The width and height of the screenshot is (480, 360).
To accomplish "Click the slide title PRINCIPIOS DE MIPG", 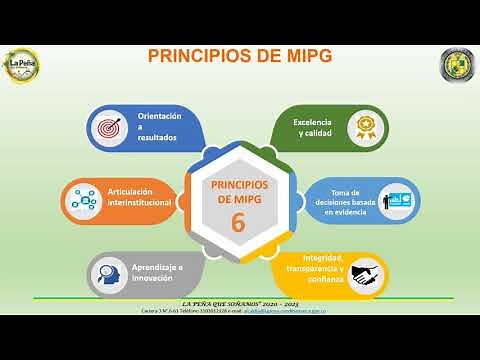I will point(240,55).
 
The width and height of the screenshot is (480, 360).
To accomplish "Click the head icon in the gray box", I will point(108,271).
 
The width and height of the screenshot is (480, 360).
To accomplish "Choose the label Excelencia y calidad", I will point(313,127).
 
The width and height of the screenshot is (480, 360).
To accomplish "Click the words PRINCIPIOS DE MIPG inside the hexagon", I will point(239,192).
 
